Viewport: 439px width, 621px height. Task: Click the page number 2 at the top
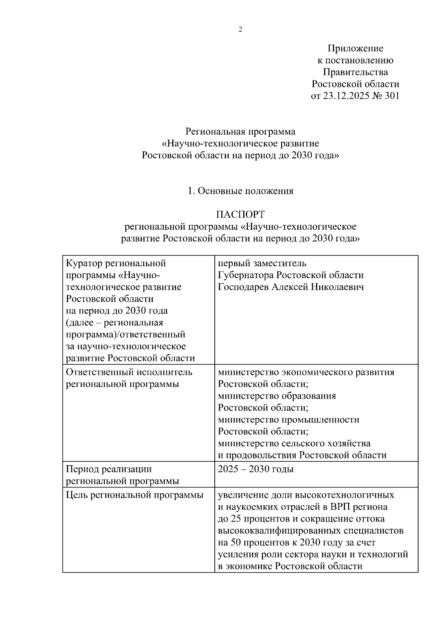point(240,30)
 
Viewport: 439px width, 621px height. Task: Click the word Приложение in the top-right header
point(355,48)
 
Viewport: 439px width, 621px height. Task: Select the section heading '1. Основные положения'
point(240,191)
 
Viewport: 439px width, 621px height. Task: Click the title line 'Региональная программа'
point(240,131)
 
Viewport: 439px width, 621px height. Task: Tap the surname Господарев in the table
point(243,287)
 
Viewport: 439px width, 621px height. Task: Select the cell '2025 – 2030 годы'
point(256,469)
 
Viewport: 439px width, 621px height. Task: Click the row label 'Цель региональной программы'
point(135,495)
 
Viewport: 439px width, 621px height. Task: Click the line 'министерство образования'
point(277,396)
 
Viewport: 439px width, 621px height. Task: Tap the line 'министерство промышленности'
point(288,420)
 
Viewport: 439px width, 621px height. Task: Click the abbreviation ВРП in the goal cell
point(340,507)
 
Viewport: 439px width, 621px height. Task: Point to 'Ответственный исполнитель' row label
point(129,372)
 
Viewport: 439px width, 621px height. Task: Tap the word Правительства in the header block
point(355,72)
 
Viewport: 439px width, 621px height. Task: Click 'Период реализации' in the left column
point(109,469)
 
